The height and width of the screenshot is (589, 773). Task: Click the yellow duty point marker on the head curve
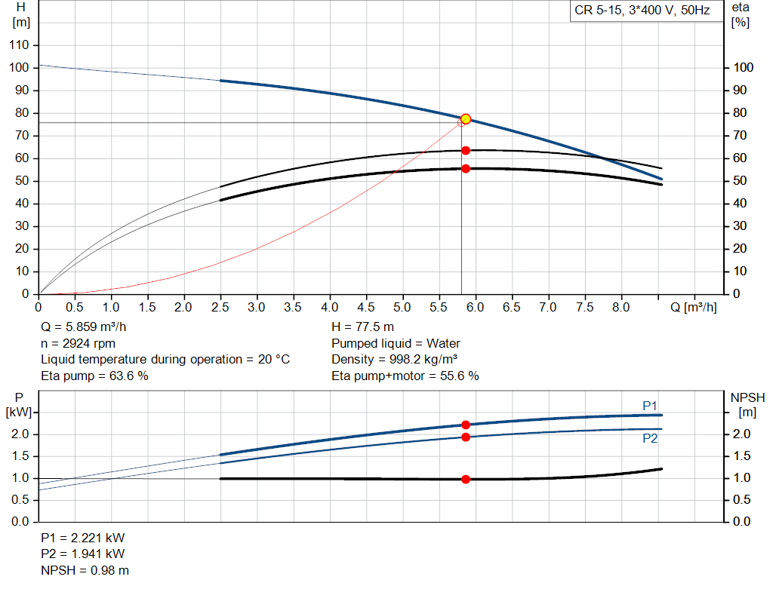(466, 119)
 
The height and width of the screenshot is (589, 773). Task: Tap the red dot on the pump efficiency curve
(466, 151)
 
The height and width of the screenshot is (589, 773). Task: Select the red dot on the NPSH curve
(466, 479)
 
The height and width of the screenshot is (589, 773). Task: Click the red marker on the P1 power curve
(466, 425)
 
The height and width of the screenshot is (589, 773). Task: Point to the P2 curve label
(650, 438)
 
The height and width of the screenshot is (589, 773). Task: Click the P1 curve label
(650, 406)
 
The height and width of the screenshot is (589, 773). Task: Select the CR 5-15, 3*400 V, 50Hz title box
(642, 11)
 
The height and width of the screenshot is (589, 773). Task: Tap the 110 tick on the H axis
(19, 44)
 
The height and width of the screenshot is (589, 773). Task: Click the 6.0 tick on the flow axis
(475, 307)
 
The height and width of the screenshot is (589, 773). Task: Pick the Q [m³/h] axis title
(693, 307)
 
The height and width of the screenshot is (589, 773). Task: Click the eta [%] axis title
(741, 15)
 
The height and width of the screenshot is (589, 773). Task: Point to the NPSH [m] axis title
(747, 405)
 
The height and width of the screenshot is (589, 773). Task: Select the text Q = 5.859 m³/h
(83, 327)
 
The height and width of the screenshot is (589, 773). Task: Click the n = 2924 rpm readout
(78, 343)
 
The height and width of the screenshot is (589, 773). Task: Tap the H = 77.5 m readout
(362, 327)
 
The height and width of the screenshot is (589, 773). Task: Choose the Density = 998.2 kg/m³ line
(394, 360)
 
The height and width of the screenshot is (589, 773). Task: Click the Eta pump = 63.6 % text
(94, 376)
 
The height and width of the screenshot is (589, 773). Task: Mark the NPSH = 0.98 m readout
(85, 570)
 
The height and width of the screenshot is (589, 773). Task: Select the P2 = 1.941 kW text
(83, 554)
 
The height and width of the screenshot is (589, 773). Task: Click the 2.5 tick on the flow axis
(220, 307)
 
